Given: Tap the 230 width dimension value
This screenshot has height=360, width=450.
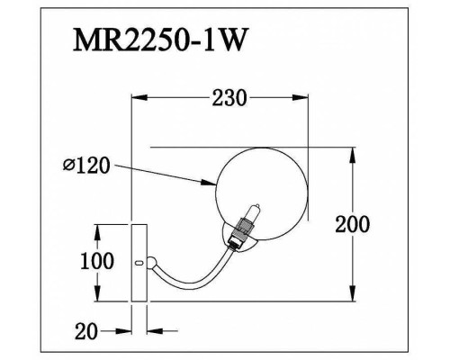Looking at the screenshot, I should pyautogui.click(x=229, y=99).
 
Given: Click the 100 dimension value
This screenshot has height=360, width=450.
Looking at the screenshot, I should pyautogui.click(x=97, y=262).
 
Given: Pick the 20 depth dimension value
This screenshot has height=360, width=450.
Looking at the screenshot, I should pyautogui.click(x=86, y=332).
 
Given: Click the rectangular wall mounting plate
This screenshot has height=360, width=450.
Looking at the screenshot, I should pyautogui.click(x=139, y=262).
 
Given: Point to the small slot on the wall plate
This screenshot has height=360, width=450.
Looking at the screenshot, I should pyautogui.click(x=139, y=264).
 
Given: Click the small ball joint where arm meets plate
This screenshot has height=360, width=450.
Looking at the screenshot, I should pyautogui.click(x=152, y=263).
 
